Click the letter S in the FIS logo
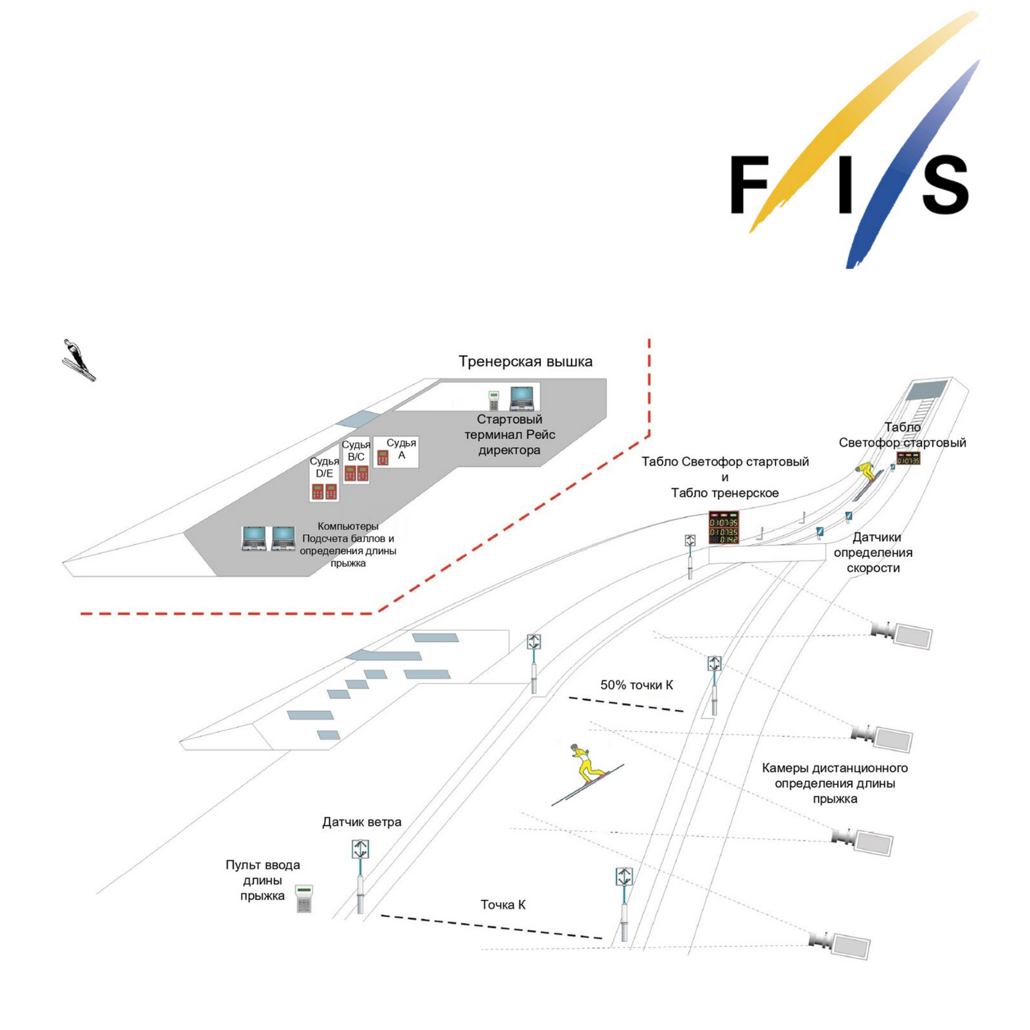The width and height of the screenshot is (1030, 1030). (x=945, y=185)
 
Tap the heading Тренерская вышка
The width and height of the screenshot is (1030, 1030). (x=525, y=362)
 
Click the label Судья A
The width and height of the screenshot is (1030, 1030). (x=401, y=449)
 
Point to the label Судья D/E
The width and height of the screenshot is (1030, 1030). (x=324, y=467)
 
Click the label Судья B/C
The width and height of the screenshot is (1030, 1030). (x=356, y=451)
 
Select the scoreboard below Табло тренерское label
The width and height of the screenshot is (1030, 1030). (x=723, y=527)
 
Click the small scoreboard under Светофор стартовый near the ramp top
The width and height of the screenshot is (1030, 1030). (x=908, y=459)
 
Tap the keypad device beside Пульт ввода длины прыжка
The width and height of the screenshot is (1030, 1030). (x=304, y=898)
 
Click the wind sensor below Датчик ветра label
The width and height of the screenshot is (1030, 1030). (x=360, y=877)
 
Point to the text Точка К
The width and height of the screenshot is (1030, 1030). (x=503, y=905)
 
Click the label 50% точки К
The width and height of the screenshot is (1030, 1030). (x=636, y=685)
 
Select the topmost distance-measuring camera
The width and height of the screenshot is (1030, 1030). (x=902, y=634)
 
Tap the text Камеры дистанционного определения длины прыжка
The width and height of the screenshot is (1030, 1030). (x=834, y=783)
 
